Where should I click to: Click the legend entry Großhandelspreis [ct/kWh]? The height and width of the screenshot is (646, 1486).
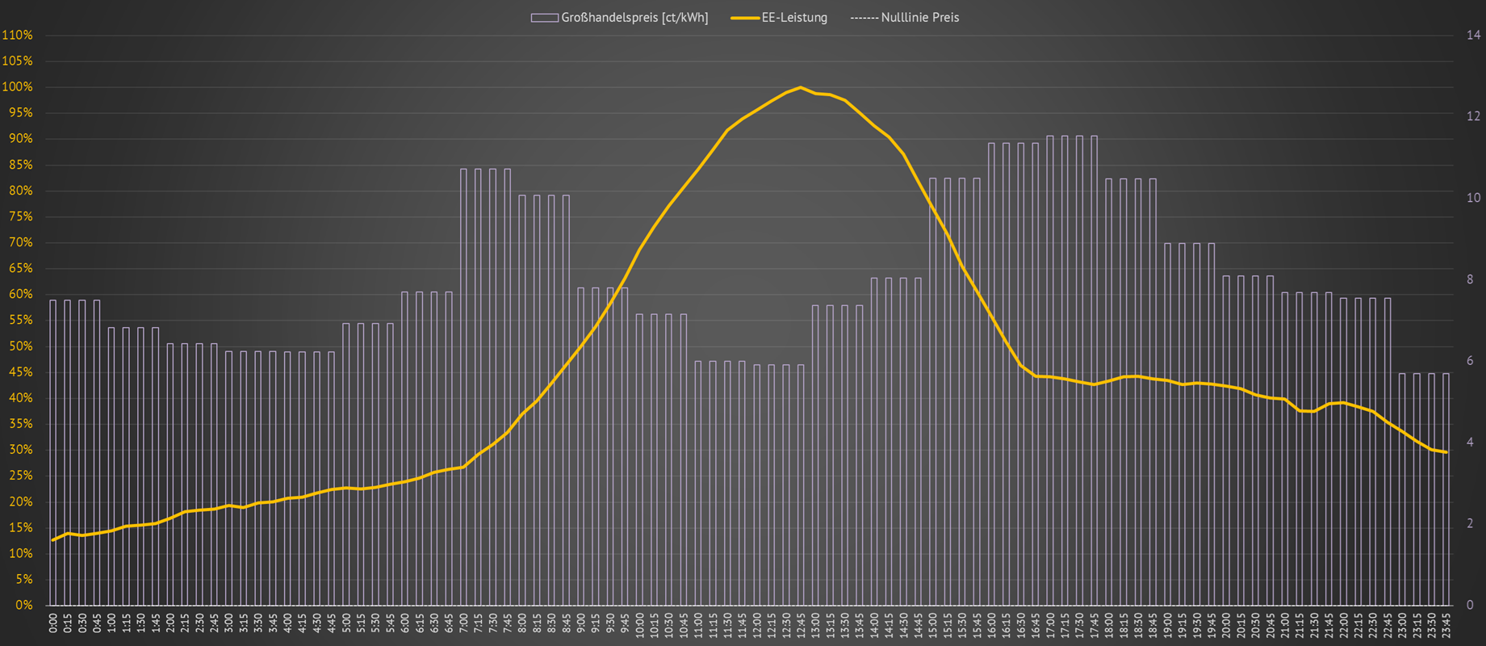[620, 18]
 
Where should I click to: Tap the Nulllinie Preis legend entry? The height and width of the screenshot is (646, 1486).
[905, 18]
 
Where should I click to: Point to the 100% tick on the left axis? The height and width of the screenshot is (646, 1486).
[17, 87]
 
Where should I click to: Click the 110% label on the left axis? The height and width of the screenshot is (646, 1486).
[17, 36]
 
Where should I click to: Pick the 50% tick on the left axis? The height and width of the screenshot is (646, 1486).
[19, 346]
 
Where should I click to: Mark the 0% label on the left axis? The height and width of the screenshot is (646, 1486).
[23, 605]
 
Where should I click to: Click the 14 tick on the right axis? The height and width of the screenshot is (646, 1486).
[1473, 36]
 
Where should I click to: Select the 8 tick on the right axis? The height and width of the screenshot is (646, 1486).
[1470, 279]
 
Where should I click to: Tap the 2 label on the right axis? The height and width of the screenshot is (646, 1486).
[1470, 523]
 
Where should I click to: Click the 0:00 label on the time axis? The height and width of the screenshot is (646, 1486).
[53, 623]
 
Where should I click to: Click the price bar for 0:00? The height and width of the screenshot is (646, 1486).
[53, 452]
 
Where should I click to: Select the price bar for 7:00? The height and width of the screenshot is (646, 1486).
[464, 388]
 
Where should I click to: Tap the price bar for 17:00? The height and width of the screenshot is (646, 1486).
[1050, 371]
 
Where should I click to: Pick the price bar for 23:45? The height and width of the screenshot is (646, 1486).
[1446, 489]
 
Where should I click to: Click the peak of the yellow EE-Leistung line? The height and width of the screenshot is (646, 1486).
[800, 87]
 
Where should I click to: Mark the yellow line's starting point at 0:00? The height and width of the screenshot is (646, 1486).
[53, 540]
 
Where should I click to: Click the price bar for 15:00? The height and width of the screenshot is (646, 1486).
[933, 392]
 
